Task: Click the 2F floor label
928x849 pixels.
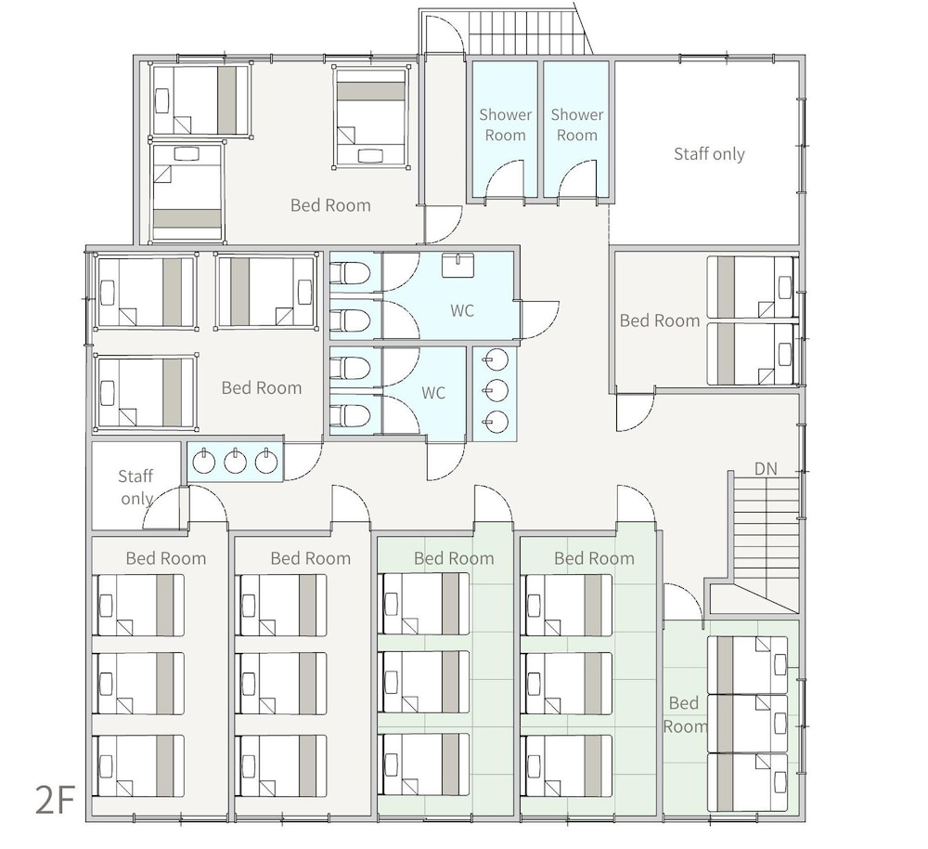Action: click(55, 799)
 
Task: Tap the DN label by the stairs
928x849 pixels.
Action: click(766, 469)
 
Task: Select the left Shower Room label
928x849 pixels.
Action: click(506, 124)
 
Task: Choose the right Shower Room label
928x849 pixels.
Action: click(577, 124)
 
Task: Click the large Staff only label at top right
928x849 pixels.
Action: click(709, 154)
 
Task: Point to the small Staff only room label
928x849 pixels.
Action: click(135, 487)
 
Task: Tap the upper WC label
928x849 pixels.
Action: click(461, 310)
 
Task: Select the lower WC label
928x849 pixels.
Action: click(433, 393)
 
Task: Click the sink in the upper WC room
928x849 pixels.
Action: click(458, 264)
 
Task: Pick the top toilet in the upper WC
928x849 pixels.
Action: click(350, 273)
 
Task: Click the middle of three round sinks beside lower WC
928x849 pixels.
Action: click(496, 390)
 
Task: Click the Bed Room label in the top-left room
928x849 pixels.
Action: click(330, 205)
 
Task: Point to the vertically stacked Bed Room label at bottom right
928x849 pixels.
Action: click(684, 714)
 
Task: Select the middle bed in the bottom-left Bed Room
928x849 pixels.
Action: click(139, 683)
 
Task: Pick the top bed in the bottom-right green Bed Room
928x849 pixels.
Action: click(748, 665)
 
